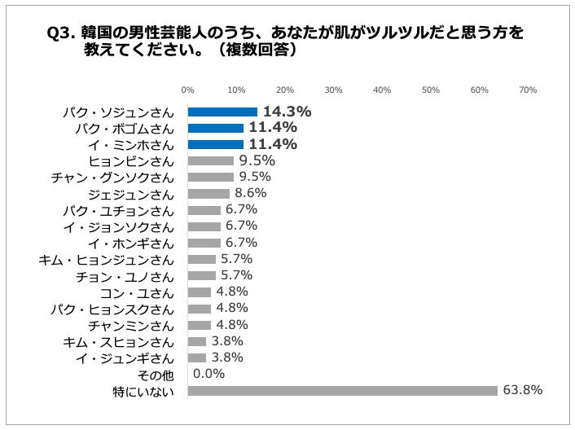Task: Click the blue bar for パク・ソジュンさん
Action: pos(222,112)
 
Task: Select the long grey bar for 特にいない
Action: pos(342,391)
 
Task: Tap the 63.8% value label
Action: pos(523,390)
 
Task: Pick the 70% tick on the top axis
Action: pos(527,90)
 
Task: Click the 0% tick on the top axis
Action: pos(187,90)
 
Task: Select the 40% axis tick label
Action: pos(382,90)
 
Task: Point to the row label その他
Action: pos(158,375)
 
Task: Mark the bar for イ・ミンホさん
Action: pos(215,144)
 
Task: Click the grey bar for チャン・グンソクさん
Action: pos(210,178)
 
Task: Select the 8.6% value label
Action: pos(250,193)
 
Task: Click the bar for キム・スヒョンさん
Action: pos(196,341)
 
